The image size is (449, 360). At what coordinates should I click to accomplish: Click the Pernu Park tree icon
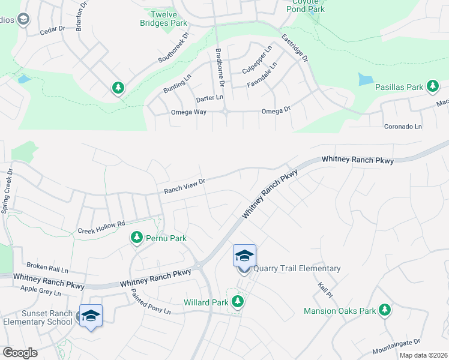pos(137,238)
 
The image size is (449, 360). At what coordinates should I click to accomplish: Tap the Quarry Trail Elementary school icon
pos(244,256)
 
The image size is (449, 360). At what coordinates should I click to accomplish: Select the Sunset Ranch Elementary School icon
pos(91,316)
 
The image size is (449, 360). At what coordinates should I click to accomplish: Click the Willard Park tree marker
pos(238,302)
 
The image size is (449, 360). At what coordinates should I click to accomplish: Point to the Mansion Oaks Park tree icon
pos(384,310)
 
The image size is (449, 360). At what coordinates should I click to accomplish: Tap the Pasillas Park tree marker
pos(432,87)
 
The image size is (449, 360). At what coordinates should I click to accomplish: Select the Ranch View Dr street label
pos(185,185)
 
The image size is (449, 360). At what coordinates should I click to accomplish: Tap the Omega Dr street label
pos(276,111)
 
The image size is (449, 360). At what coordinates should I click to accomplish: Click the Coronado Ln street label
pos(403,127)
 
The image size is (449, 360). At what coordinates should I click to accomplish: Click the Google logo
pos(20,353)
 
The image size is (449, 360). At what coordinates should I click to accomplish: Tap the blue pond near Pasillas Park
pos(366,79)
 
